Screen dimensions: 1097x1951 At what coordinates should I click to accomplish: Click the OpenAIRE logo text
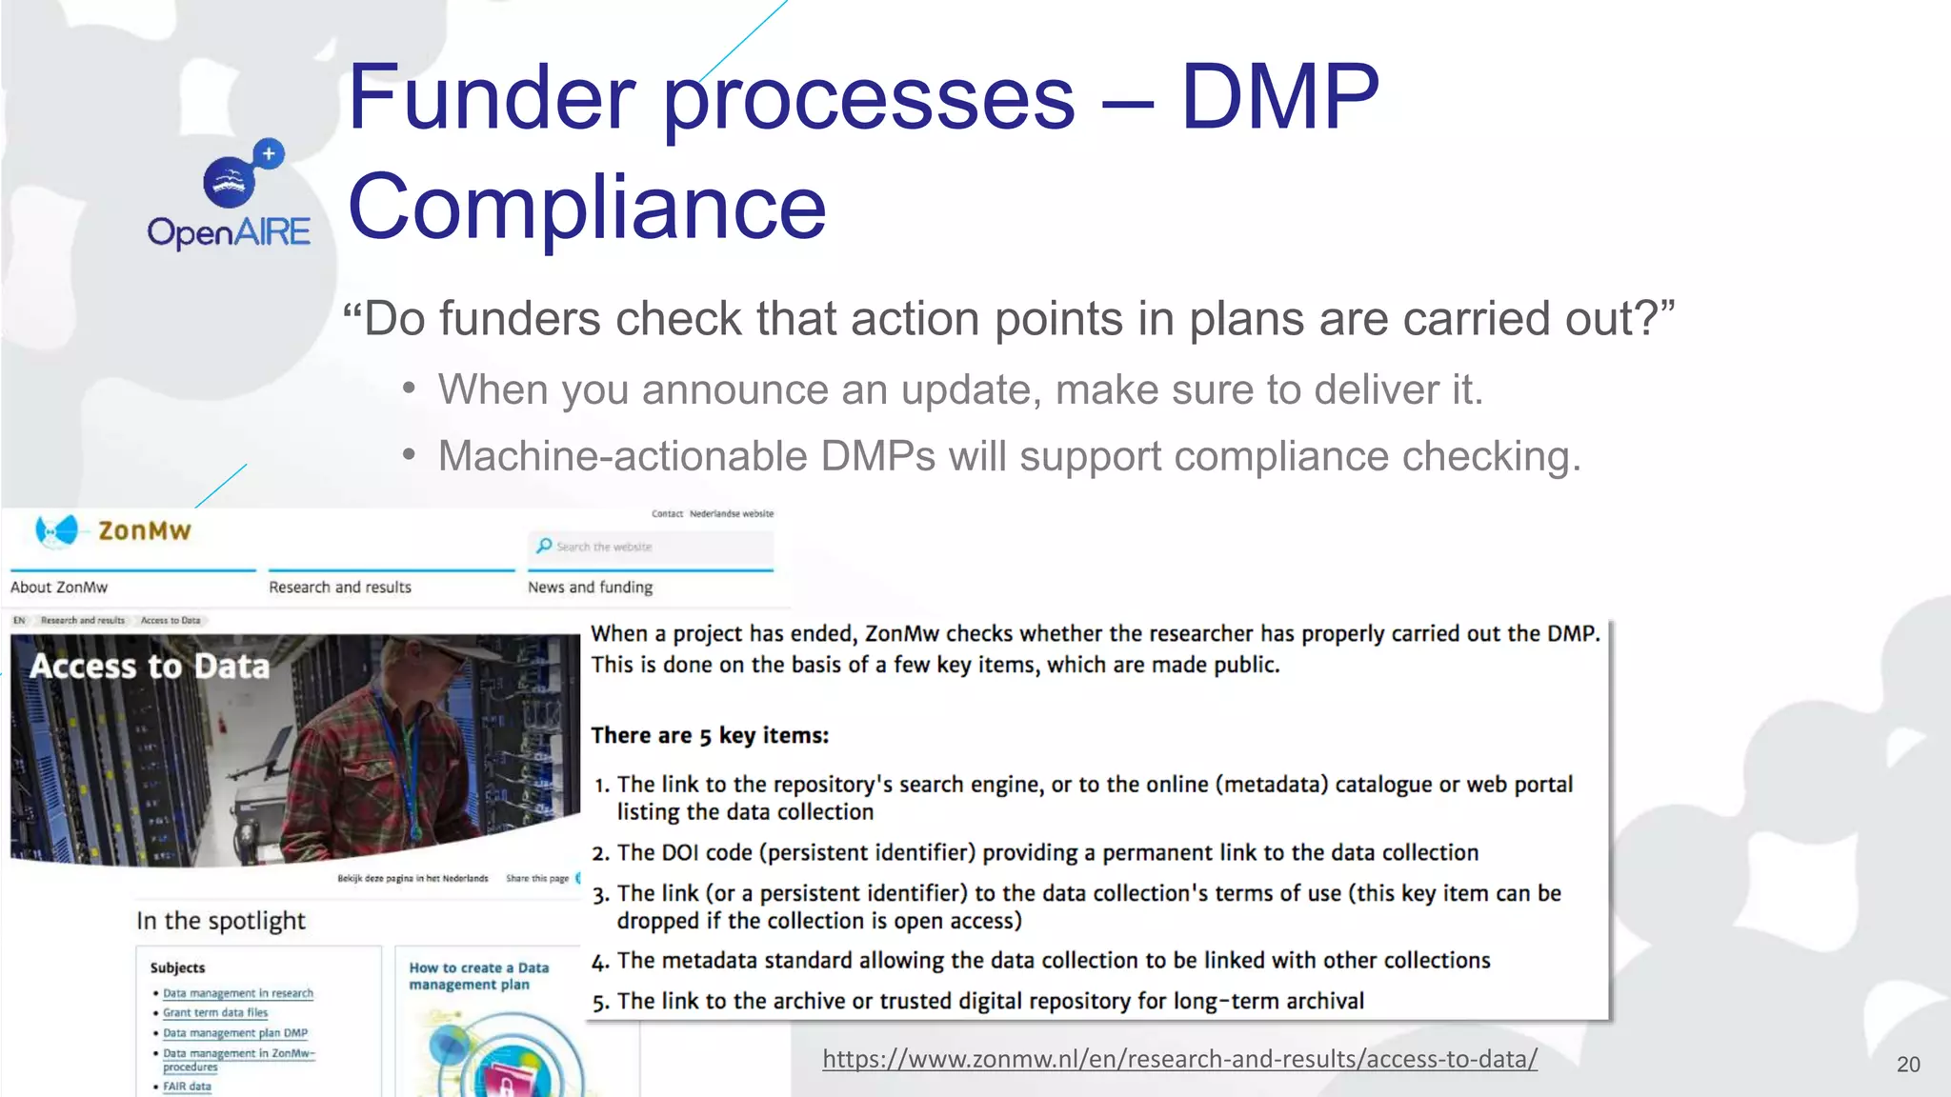coord(229,232)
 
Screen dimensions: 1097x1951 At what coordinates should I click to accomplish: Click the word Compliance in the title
coord(587,208)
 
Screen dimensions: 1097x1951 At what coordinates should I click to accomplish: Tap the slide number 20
coord(1907,1065)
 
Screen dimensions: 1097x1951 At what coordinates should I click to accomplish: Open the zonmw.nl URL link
coord(1179,1059)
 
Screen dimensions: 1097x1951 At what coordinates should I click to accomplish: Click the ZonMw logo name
coord(144,531)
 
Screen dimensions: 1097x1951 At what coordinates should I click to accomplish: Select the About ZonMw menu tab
coord(59,588)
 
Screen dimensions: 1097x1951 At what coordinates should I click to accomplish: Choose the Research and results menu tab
coord(340,588)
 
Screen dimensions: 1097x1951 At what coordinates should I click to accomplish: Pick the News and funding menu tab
coord(591,588)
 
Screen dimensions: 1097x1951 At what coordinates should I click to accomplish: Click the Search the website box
coord(651,547)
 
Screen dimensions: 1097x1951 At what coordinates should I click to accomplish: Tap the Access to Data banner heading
coord(151,667)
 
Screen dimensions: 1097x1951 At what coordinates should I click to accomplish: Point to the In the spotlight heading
coord(221,921)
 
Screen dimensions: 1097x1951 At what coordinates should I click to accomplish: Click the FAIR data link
coord(187,1087)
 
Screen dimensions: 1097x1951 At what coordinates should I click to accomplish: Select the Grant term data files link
coord(215,1013)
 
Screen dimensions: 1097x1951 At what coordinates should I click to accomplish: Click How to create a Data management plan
coord(478,976)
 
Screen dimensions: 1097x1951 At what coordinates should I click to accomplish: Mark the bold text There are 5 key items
coord(710,735)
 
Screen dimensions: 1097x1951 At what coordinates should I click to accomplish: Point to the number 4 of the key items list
coord(599,962)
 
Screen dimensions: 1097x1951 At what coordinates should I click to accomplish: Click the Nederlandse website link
coord(732,513)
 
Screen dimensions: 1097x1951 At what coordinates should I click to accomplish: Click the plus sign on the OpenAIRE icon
coord(270,152)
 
